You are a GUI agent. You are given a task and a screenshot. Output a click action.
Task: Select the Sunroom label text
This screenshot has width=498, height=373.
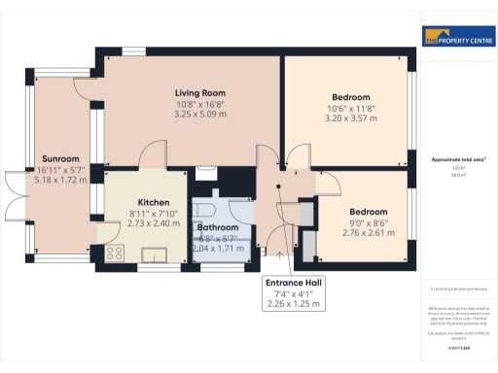[59, 158]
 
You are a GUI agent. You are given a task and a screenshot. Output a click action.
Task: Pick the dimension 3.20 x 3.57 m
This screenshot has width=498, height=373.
[350, 119]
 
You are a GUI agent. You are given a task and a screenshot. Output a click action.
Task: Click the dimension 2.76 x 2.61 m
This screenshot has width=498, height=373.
[370, 233]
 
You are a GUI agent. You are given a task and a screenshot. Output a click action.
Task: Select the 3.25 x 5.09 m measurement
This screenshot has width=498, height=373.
[195, 113]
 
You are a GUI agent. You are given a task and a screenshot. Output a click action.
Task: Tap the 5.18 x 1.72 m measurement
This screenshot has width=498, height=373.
[59, 180]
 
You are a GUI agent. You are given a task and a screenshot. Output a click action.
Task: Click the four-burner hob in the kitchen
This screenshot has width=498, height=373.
[115, 254]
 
